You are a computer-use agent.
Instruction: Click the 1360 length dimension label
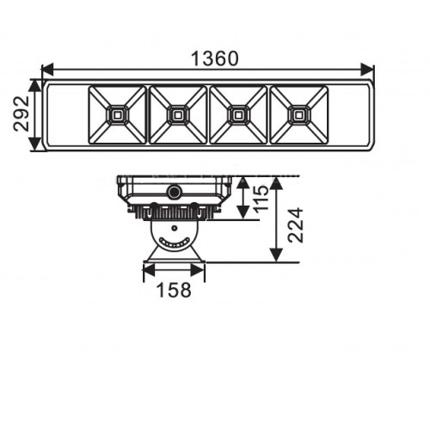pos(214,58)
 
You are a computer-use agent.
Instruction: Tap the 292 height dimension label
pos(21,114)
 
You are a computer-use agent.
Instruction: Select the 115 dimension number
pos(261,199)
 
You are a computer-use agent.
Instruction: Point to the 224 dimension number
pos(295,225)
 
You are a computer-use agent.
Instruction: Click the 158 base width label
pos(174,290)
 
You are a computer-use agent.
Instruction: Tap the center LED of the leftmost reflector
pos(117,115)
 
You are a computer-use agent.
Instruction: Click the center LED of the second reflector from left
pos(178,115)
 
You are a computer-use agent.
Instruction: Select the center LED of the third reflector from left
pos(237,115)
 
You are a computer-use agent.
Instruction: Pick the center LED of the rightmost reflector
pos(298,115)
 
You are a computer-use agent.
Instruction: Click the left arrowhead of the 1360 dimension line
pos(47,70)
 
